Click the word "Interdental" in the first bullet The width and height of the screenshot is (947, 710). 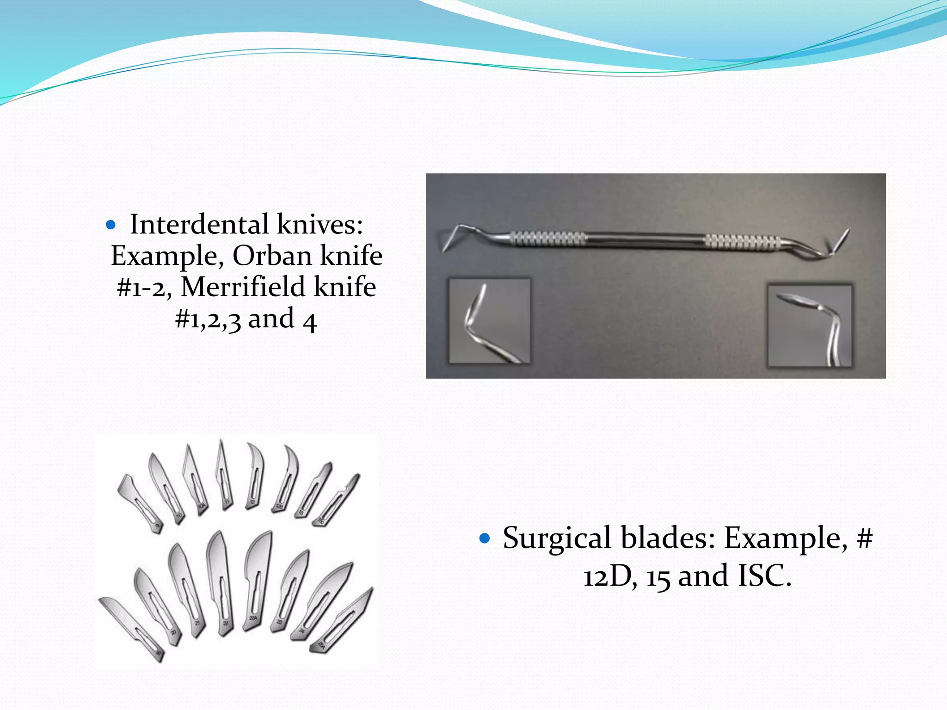tap(199, 225)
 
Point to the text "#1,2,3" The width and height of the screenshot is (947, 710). tap(208, 319)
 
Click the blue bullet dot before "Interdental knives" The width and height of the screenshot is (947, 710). tap(111, 225)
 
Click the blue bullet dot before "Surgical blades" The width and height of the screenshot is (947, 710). tap(484, 538)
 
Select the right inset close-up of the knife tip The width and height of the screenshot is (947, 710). tap(809, 326)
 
